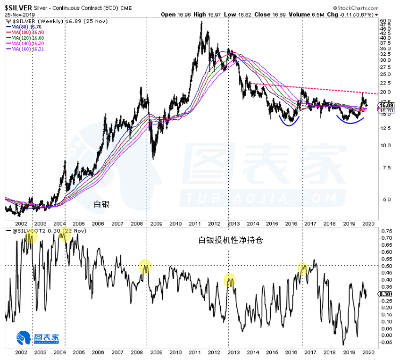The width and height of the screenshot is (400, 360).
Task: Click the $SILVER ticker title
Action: click(18, 8)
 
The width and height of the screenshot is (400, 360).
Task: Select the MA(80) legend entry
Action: click(22, 27)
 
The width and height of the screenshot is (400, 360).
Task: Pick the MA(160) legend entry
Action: click(23, 49)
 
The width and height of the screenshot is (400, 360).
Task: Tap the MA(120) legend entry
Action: click(23, 38)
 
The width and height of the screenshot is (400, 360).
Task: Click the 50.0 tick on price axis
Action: click(386, 21)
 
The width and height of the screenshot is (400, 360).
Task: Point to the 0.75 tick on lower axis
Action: click(386, 231)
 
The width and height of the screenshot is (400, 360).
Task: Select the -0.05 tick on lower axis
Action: click(386, 342)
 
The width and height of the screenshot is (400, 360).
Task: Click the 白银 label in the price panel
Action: click(102, 204)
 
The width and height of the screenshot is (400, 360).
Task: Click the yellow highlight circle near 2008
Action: click(145, 267)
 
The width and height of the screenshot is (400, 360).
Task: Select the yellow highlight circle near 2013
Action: click(230, 280)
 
